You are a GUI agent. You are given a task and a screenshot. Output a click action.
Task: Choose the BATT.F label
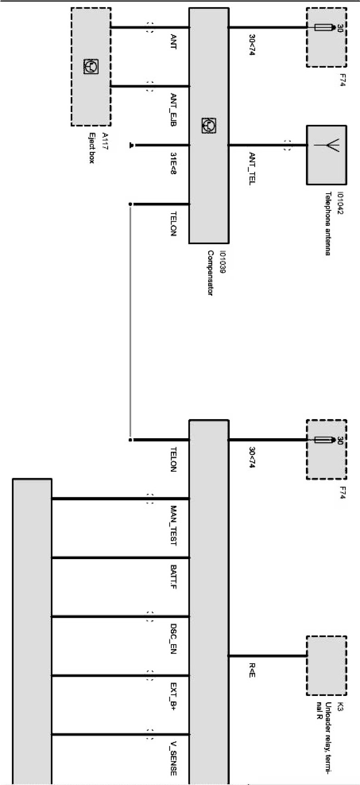[x=173, y=577]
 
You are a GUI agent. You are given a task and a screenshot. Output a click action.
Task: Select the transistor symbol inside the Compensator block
[x=209, y=125]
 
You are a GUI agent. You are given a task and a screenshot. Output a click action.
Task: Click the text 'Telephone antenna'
[x=327, y=223]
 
